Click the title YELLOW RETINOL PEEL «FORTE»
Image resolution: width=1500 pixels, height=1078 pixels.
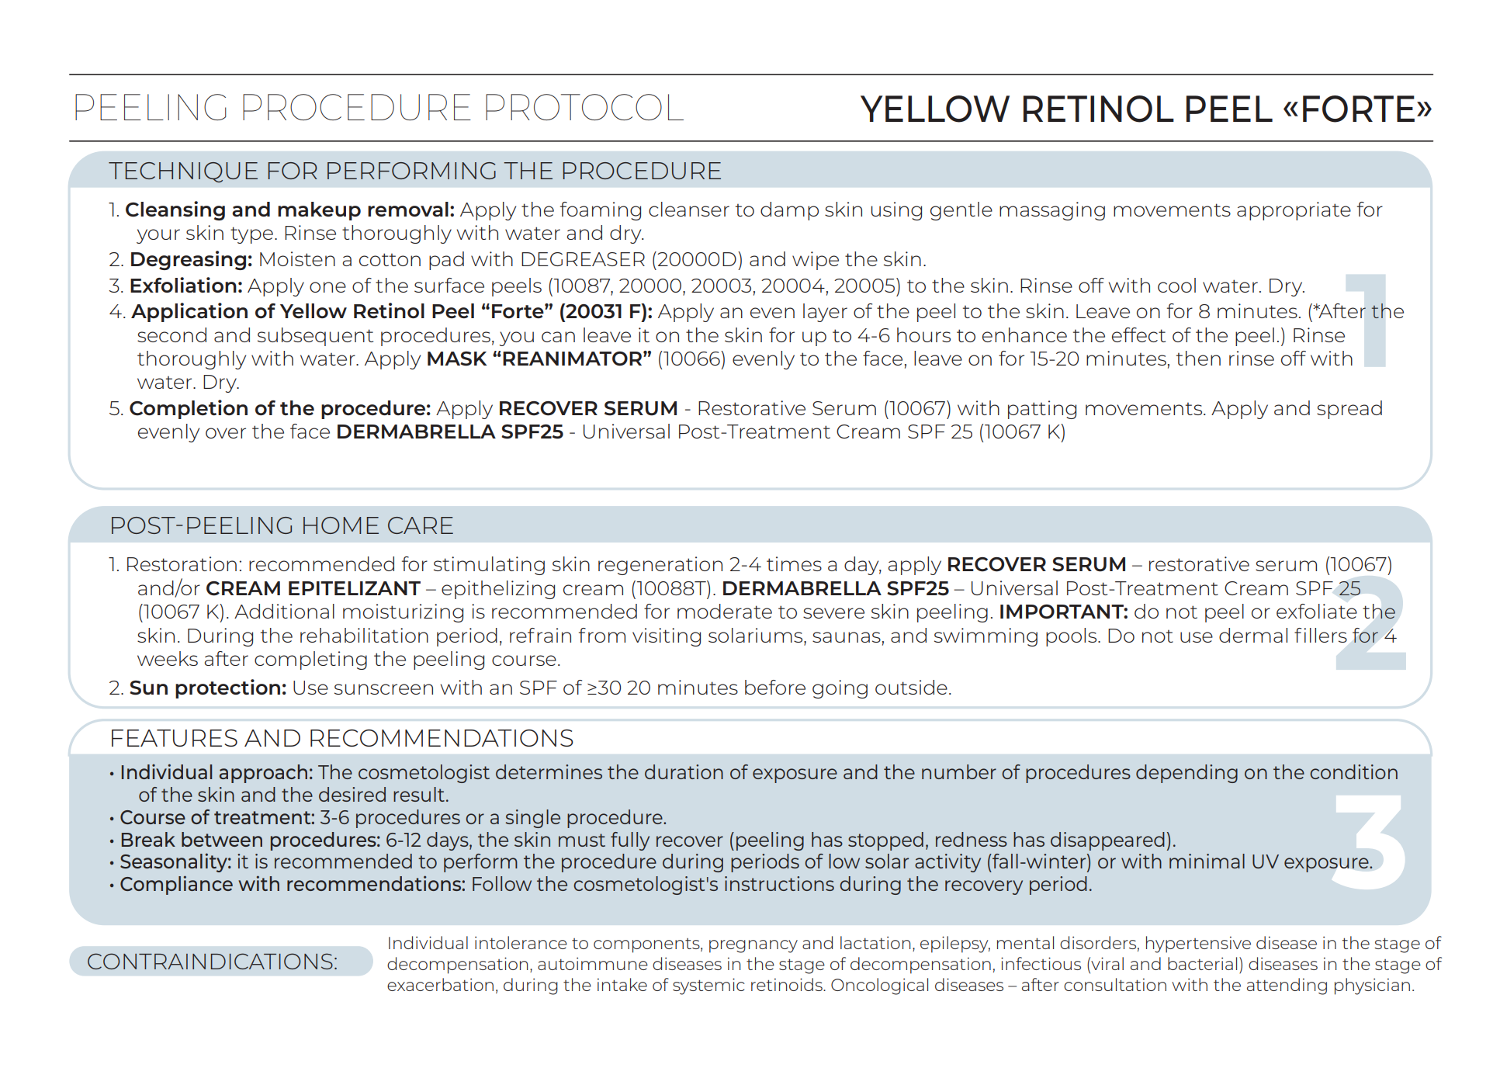tap(1145, 109)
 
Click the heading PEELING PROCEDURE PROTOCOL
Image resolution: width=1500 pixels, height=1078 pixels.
tap(378, 108)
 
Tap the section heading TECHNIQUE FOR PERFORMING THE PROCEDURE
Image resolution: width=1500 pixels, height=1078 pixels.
tap(415, 171)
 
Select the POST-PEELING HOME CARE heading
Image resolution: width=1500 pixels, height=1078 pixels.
tap(281, 525)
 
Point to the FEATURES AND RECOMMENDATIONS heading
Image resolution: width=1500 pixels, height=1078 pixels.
tap(341, 738)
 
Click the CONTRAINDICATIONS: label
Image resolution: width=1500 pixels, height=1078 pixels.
tap(212, 962)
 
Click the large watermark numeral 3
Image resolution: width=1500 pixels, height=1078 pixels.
tap(1370, 841)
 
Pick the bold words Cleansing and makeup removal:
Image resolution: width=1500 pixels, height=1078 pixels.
tap(289, 210)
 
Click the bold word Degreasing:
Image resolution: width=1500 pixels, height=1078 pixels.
tap(191, 259)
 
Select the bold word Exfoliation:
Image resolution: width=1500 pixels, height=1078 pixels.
tap(186, 286)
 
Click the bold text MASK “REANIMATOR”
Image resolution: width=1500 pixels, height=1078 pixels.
tap(539, 359)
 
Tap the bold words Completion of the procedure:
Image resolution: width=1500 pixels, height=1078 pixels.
tap(279, 408)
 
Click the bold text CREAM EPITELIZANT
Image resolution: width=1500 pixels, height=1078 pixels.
tap(313, 588)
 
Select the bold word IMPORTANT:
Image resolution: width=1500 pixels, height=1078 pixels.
tap(1063, 612)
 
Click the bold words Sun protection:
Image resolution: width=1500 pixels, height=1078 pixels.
tap(208, 688)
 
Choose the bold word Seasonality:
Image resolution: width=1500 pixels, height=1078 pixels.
tap(175, 861)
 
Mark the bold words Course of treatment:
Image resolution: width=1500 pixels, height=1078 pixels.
tap(217, 817)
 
